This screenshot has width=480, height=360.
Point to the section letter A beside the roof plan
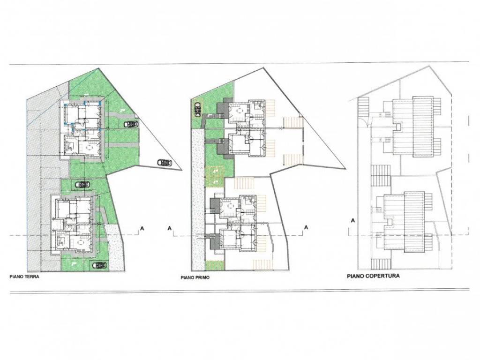353,220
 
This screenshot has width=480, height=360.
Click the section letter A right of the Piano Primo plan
306,227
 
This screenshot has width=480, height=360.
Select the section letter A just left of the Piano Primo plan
169,228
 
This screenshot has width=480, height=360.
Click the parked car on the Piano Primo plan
197,109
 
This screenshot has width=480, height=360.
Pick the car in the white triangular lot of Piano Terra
165,163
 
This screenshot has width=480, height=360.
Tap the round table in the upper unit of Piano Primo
238,109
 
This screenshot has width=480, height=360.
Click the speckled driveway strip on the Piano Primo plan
198,199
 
